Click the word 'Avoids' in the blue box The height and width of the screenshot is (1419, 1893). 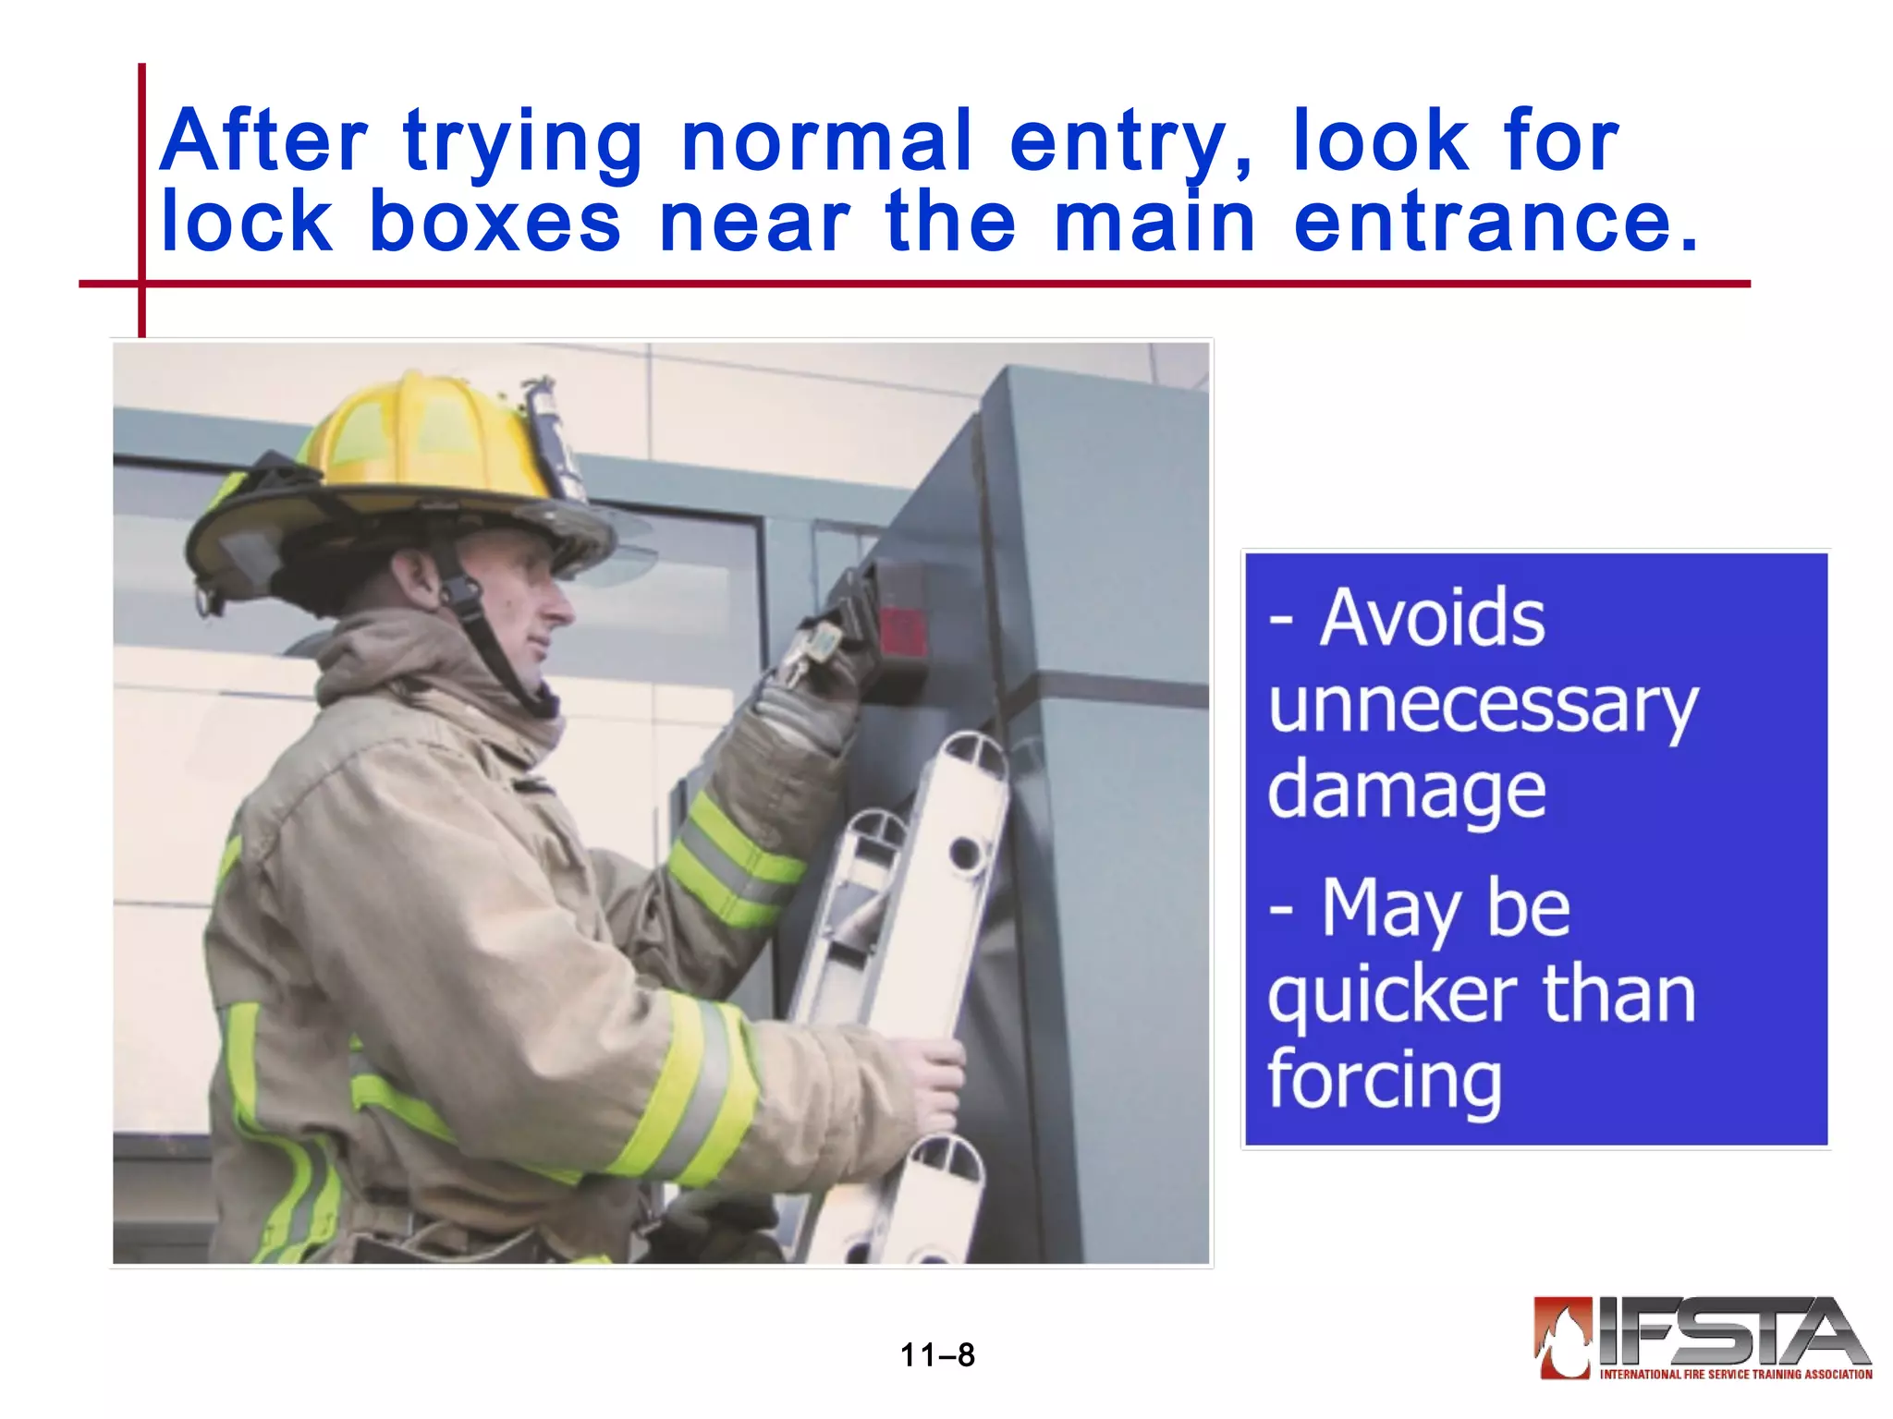(x=1432, y=617)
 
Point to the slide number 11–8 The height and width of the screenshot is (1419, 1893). (x=937, y=1355)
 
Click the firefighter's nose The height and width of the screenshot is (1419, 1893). (x=560, y=606)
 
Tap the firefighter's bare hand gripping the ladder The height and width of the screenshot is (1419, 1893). (x=934, y=1081)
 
